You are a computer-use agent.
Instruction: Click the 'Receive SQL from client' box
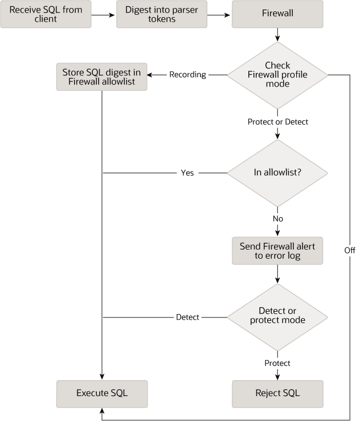click(46, 14)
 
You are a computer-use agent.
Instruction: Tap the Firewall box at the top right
click(277, 14)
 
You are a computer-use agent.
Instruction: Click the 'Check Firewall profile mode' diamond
click(277, 75)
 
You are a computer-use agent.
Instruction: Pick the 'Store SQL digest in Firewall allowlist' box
click(101, 76)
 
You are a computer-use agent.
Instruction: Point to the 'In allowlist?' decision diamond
click(277, 173)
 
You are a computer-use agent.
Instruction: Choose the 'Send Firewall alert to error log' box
click(277, 251)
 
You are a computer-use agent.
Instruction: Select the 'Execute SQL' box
click(101, 393)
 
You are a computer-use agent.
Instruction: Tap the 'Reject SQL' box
click(277, 393)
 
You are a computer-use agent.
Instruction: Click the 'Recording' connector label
click(187, 75)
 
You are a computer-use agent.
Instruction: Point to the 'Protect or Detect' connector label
click(277, 121)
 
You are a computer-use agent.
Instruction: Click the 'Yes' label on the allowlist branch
click(187, 173)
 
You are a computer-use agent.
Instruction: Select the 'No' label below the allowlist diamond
click(277, 218)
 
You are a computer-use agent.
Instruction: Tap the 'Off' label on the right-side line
click(349, 250)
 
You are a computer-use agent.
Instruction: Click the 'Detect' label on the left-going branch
click(187, 317)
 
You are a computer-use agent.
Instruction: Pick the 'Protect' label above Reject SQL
click(277, 363)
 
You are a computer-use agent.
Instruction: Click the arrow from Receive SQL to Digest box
click(104, 14)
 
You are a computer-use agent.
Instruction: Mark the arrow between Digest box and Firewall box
click(220, 14)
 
